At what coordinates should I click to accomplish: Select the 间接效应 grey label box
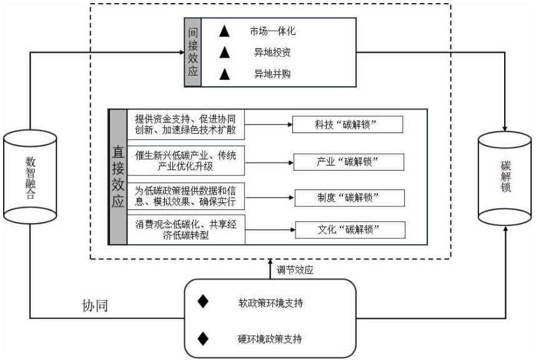[192, 52]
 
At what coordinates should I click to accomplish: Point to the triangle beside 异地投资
[225, 52]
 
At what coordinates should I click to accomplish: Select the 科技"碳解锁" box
[348, 125]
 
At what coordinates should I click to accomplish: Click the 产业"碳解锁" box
[348, 162]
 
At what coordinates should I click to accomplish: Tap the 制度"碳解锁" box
[348, 198]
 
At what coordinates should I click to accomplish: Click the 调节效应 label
[295, 271]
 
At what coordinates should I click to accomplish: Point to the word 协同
[95, 306]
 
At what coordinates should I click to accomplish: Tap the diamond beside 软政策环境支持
[202, 302]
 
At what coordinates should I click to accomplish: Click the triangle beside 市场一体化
[225, 29]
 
